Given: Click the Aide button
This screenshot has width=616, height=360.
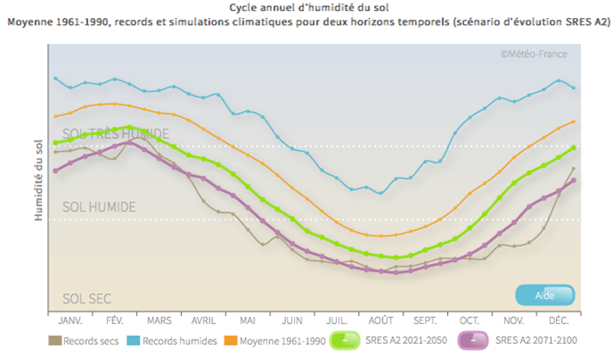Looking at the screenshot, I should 545,295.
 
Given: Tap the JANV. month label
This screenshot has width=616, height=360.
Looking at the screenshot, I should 70,320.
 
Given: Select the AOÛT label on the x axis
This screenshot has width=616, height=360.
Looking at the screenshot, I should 381,320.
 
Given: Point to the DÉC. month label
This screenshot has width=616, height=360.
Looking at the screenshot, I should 559,320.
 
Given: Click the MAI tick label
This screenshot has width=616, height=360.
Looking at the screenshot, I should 248,320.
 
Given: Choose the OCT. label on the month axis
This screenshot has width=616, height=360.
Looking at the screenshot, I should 470,320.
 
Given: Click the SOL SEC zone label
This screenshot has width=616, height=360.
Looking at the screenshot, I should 87,299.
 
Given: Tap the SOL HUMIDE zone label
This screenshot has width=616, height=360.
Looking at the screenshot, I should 99,207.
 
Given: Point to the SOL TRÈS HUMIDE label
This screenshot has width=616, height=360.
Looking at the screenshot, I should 116,134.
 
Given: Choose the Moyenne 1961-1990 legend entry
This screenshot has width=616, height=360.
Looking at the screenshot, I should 276,340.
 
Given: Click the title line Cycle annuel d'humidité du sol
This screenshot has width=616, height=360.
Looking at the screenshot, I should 308,7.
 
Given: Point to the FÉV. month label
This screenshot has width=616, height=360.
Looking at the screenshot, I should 115,320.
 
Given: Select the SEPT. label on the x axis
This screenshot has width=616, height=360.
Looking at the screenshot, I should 426,320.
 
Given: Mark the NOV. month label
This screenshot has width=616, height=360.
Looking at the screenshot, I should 514,320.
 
